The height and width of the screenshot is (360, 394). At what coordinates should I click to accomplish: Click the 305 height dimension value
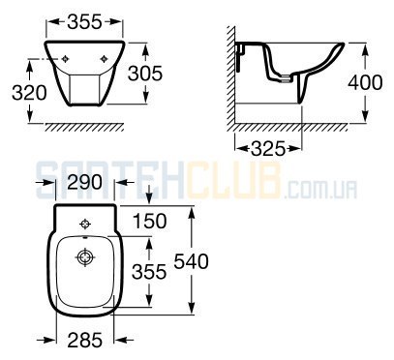145,74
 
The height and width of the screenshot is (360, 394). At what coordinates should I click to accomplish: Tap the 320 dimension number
29,93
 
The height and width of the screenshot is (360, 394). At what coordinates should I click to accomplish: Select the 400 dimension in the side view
365,82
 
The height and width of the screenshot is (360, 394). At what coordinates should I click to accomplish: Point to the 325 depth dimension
268,149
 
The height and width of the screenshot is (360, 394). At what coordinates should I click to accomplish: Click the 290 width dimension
85,182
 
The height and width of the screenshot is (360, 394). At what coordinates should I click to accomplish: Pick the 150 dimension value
150,222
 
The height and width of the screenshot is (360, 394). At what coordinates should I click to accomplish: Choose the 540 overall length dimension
191,261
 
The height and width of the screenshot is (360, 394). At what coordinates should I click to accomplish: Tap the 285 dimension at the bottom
85,341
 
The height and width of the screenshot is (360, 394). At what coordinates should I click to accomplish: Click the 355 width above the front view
84,22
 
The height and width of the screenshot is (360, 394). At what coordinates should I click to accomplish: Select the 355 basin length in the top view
149,272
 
